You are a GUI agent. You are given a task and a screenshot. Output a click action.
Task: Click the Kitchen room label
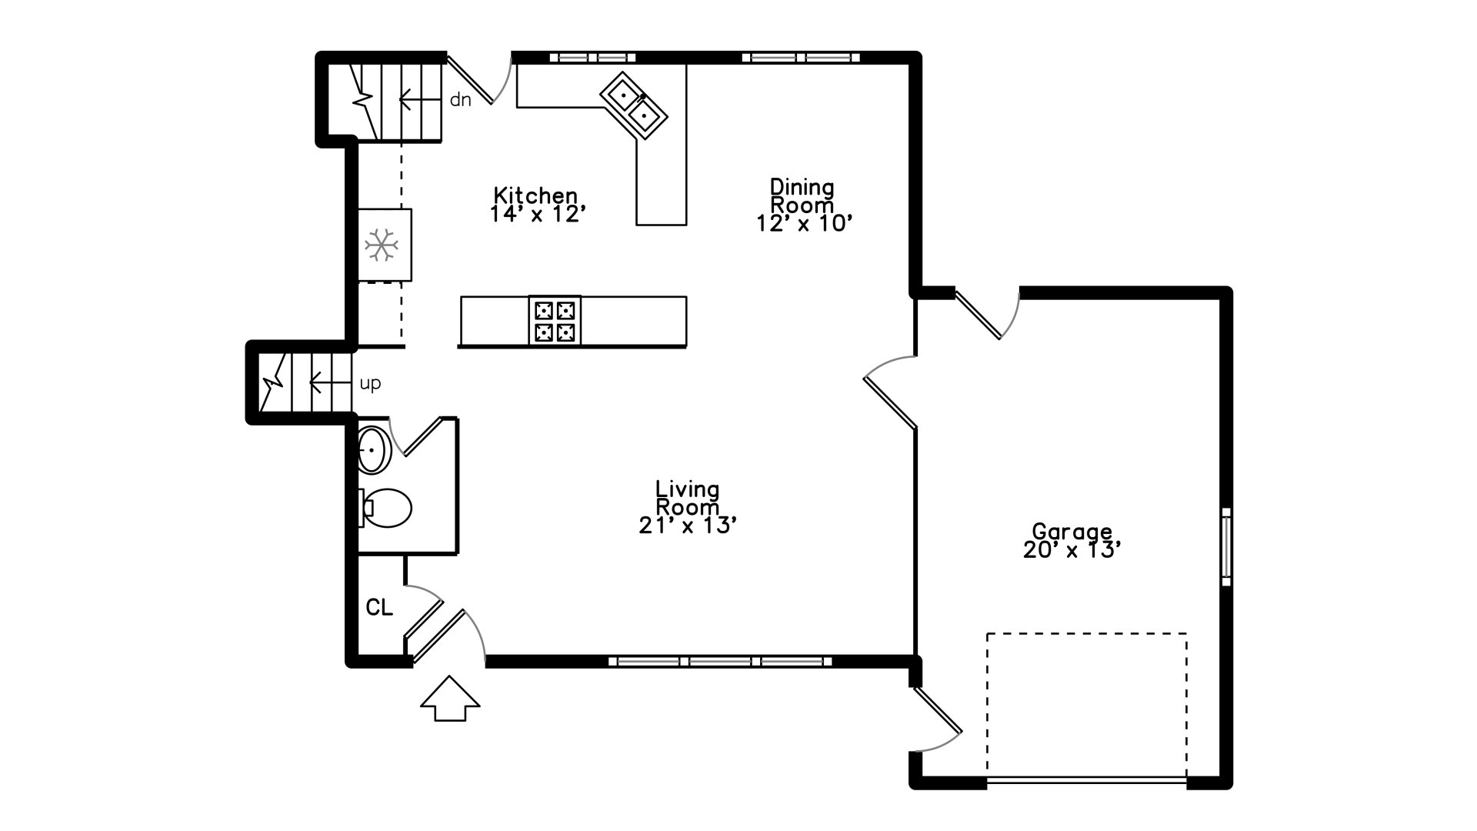click(535, 195)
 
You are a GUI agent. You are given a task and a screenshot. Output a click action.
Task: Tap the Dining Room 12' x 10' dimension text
click(804, 223)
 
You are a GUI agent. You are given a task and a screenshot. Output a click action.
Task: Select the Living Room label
click(687, 498)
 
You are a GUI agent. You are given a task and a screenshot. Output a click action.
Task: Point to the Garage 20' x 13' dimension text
click(1072, 549)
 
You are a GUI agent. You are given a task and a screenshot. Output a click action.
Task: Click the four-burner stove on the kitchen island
click(555, 321)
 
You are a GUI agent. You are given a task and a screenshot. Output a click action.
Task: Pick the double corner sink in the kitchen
click(633, 105)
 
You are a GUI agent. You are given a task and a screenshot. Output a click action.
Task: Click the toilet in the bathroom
click(385, 508)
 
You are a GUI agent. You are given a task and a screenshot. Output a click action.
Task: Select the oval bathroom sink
click(374, 449)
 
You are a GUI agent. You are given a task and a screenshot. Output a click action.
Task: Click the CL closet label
click(379, 608)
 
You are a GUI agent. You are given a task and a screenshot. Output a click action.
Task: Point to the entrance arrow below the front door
click(450, 699)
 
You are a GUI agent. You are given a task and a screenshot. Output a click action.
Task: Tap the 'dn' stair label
click(460, 99)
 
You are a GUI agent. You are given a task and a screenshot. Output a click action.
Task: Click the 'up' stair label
click(370, 383)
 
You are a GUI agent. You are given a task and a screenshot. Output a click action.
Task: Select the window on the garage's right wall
click(1226, 547)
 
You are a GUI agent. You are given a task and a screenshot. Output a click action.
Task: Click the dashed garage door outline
click(1087, 706)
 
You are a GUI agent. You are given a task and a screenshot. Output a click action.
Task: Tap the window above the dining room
click(801, 57)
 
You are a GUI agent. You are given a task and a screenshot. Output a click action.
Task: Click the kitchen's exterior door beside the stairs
click(479, 78)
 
